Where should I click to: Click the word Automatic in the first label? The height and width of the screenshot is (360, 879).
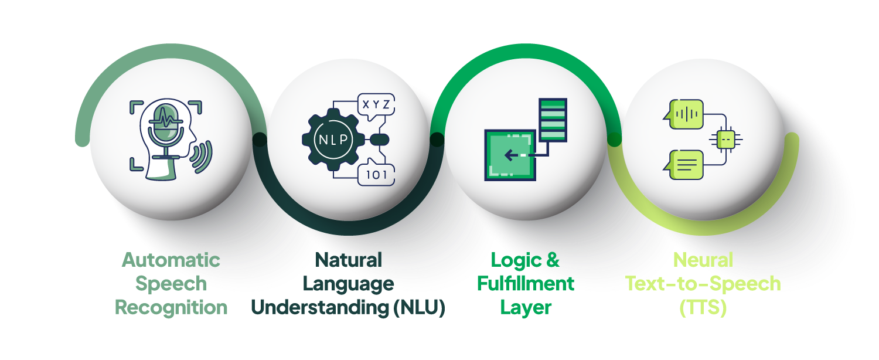pyautogui.click(x=171, y=260)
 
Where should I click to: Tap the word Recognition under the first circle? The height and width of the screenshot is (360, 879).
pyautogui.click(x=171, y=307)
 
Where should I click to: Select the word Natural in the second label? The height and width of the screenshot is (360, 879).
pyautogui.click(x=349, y=260)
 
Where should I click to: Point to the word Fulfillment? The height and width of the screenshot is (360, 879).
pyautogui.click(x=526, y=284)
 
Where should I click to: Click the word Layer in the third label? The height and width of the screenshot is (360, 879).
pyautogui.click(x=526, y=307)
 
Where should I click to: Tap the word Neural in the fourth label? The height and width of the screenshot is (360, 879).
pyautogui.click(x=703, y=260)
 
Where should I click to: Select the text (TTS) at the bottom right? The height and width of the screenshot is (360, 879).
pyautogui.click(x=703, y=307)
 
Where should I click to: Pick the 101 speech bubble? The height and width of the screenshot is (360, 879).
pyautogui.click(x=375, y=174)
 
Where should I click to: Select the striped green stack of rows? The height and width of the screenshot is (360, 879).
pyautogui.click(x=553, y=120)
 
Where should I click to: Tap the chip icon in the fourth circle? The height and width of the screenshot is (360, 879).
pyautogui.click(x=725, y=139)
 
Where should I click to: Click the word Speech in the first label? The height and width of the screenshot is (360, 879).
pyautogui.click(x=171, y=284)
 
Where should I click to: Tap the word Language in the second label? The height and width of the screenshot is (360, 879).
pyautogui.click(x=349, y=284)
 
